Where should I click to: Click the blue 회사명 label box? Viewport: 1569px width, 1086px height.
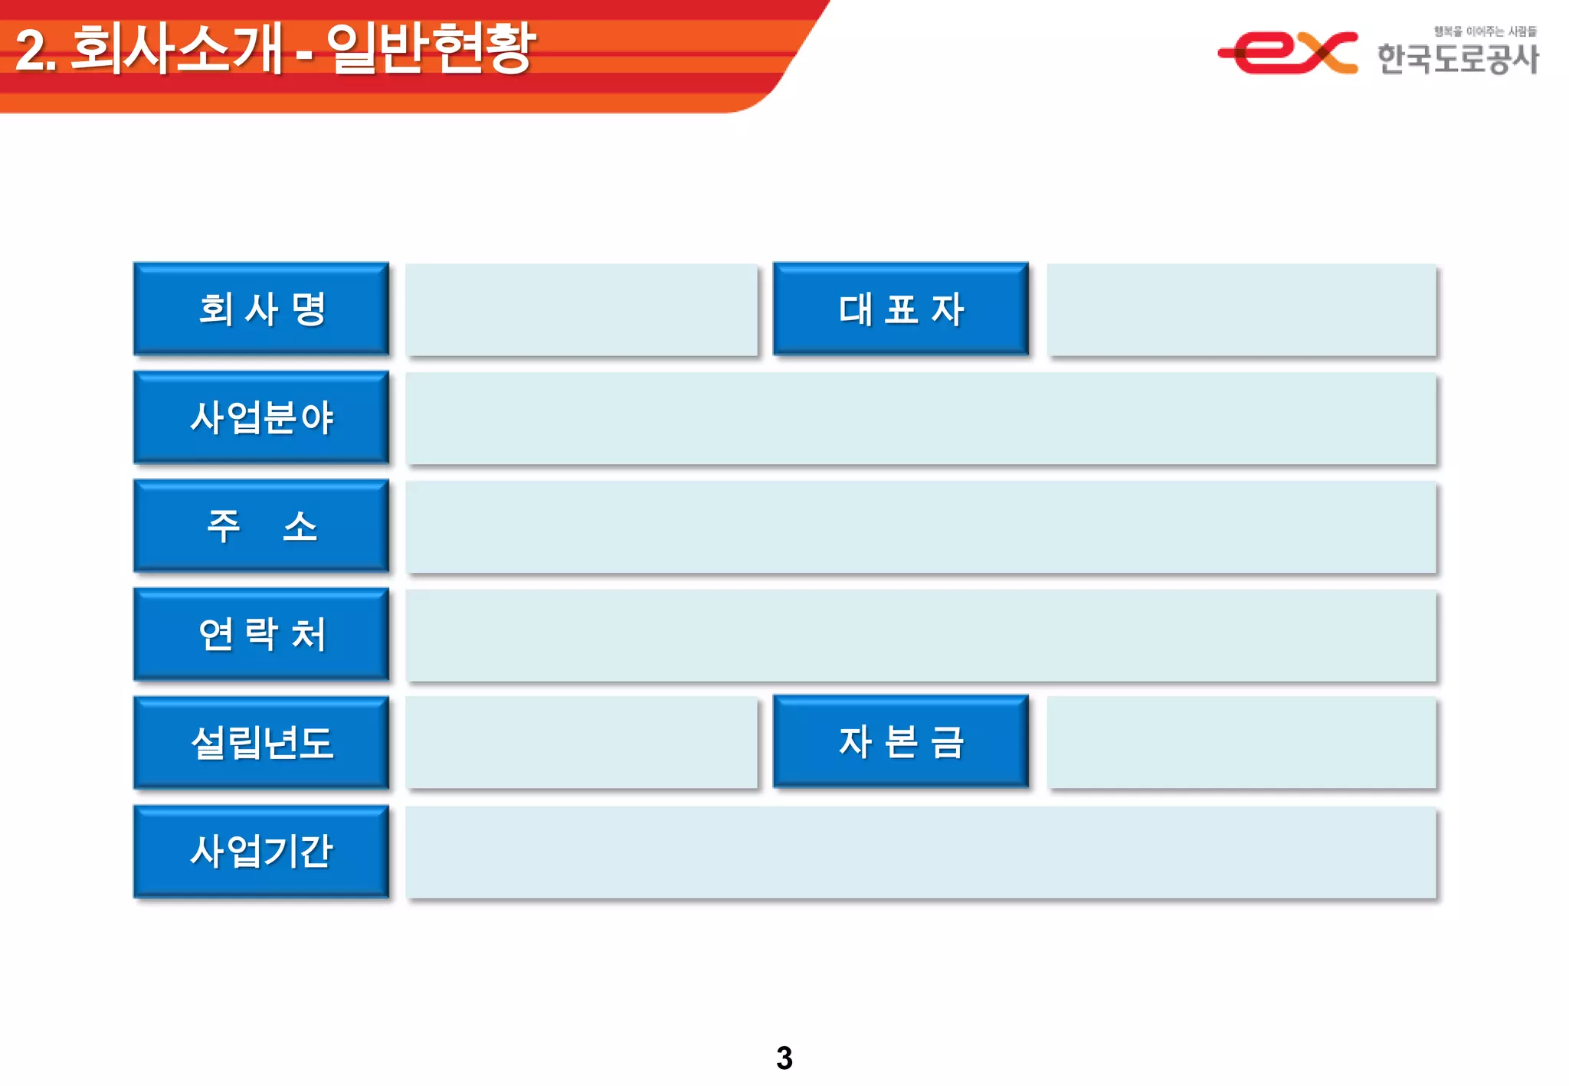261,309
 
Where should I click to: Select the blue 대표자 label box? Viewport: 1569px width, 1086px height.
900,309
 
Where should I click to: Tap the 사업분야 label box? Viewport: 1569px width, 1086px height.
261,417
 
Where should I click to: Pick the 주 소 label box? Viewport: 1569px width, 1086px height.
261,525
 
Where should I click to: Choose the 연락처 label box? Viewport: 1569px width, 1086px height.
261,634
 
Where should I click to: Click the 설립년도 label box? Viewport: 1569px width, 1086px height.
261,742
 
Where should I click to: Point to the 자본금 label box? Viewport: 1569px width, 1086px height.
900,741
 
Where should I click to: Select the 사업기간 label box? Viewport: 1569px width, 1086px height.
261,851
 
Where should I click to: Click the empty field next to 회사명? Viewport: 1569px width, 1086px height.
581,309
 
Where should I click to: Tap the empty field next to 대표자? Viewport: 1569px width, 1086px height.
1241,309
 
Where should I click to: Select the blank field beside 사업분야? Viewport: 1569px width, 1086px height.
920,418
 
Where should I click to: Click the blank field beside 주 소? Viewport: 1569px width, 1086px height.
920,527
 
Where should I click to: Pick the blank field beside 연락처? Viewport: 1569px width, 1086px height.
920,635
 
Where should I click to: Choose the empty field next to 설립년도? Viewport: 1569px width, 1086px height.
581,742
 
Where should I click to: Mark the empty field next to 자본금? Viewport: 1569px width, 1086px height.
1241,742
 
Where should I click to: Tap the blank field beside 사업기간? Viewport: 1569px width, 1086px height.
920,852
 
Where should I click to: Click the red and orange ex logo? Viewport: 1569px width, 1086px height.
1288,52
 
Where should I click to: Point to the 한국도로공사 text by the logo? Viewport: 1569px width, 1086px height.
1457,58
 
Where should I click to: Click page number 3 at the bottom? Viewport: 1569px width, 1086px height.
784,1058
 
